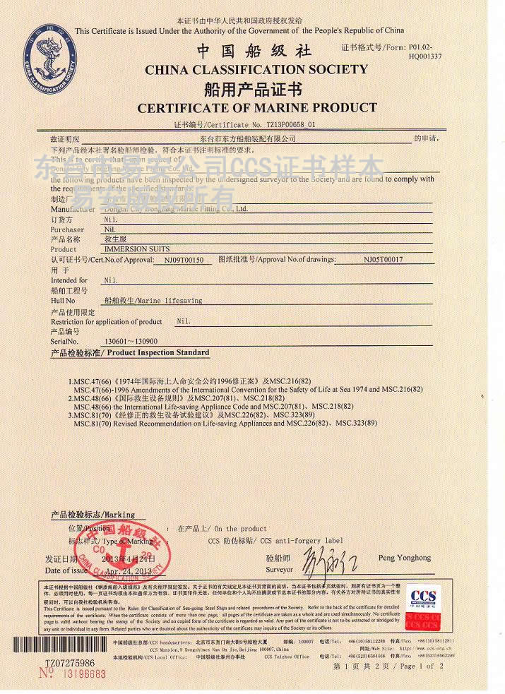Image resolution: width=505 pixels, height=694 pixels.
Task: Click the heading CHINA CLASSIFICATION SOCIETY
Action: [256, 69]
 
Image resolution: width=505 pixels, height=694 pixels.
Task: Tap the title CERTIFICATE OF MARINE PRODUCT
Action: [257, 108]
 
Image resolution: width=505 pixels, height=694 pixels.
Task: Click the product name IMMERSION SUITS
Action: [132, 249]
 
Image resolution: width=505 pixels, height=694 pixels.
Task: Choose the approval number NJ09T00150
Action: [183, 260]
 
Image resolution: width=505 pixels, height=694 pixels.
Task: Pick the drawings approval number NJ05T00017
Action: [383, 260]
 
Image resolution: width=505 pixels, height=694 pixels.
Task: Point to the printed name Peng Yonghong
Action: [405, 558]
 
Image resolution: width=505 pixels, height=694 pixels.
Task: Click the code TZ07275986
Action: [69, 663]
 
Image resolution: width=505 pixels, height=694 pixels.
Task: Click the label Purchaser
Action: [67, 229]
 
